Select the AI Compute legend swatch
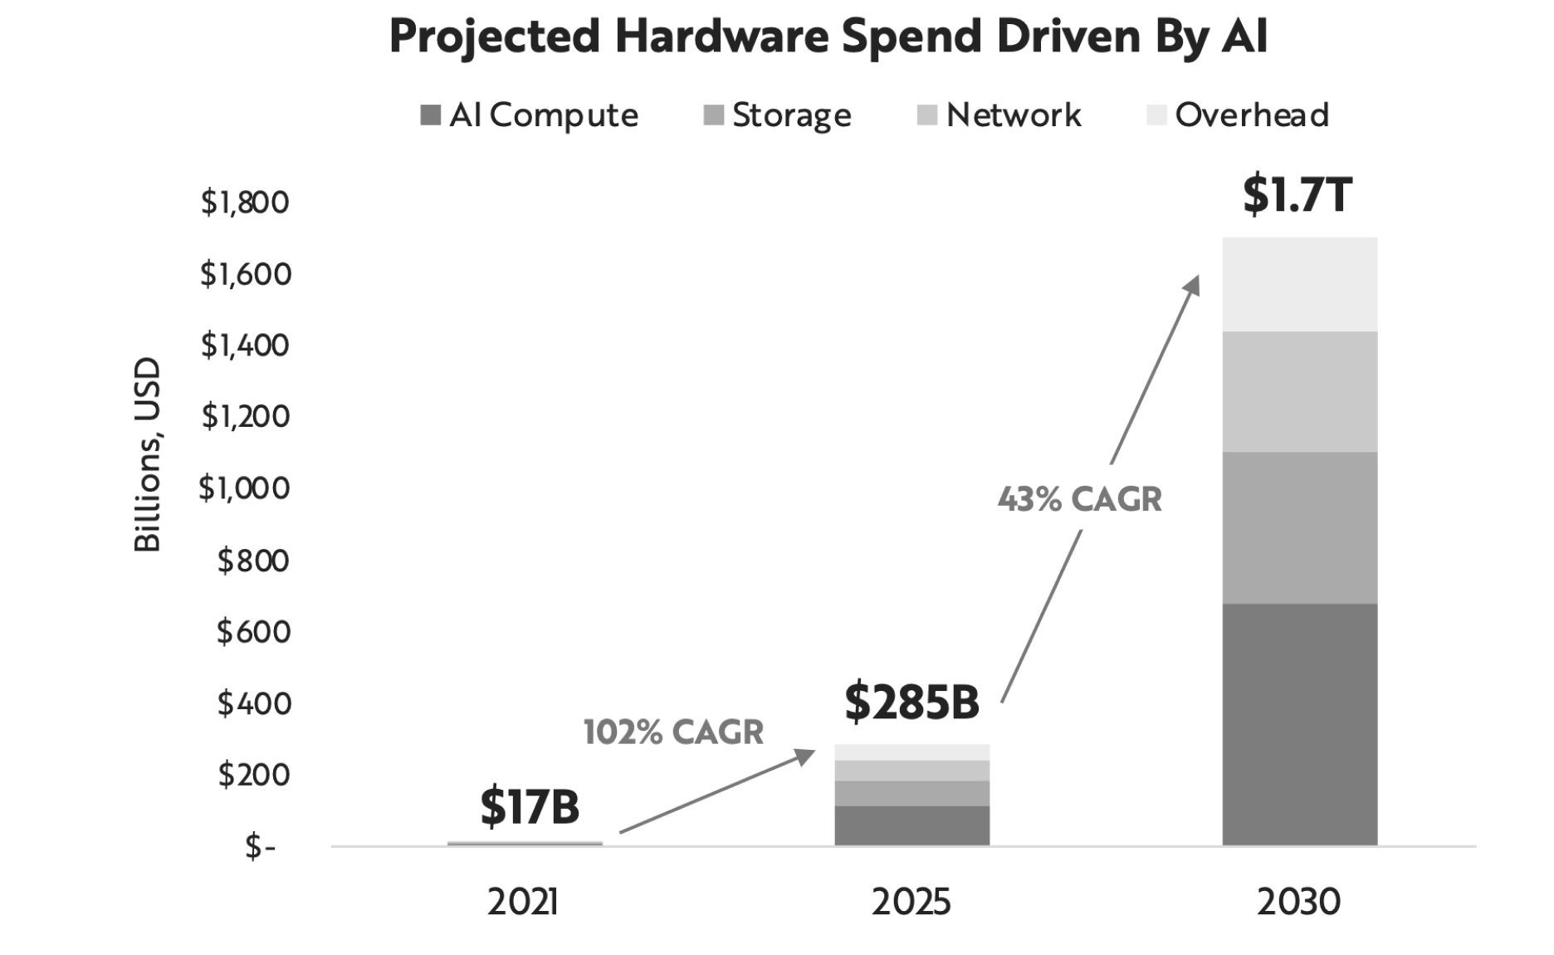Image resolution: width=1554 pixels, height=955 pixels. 430,115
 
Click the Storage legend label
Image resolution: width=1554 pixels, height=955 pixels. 791,115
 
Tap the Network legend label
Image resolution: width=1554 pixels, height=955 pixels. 1014,115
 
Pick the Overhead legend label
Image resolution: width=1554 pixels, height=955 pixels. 1252,115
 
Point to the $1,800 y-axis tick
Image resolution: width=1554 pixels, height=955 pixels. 245,202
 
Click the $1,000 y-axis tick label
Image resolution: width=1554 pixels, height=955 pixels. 245,487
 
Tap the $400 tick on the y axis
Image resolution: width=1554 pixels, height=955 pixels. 254,703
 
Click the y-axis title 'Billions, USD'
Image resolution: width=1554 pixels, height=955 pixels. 148,454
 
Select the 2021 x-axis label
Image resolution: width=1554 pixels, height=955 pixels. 523,902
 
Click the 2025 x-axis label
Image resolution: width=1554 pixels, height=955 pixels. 911,902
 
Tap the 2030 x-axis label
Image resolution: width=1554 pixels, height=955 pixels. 1298,902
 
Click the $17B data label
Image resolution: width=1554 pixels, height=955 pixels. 530,806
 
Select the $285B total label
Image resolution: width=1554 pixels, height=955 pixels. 911,702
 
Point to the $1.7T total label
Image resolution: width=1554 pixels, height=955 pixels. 1297,196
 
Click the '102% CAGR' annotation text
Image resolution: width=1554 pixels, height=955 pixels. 673,732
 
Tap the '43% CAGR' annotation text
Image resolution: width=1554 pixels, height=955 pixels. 1079,499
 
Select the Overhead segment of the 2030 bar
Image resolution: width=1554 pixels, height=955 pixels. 1299,284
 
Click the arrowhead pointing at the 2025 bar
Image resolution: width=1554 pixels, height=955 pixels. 805,756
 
